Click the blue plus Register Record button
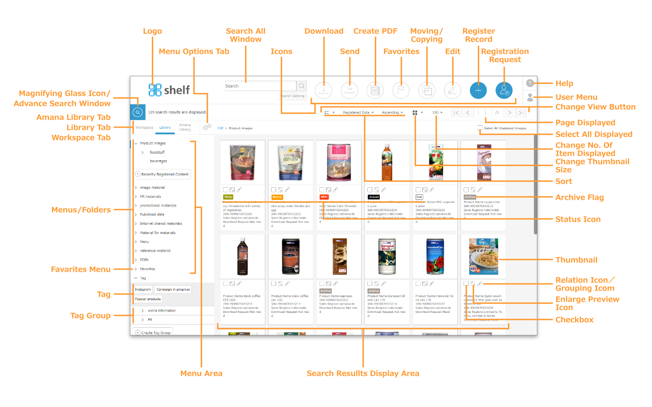pos(478,90)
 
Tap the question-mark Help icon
pos(530,83)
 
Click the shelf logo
pos(169,90)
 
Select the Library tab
pos(165,128)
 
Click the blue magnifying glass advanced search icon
pos(137,112)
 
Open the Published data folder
pos(152,215)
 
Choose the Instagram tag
pos(143,289)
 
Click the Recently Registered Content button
pos(162,174)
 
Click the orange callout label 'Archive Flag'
pos(579,197)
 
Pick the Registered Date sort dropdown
pos(358,112)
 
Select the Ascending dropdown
pos(392,112)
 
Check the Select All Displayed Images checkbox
pos(480,128)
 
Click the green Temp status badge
pos(228,196)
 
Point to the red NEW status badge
pos(324,196)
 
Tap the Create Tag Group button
pos(153,332)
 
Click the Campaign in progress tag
pos(173,289)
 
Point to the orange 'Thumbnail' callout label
pos(576,260)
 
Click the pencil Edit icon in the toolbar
pos(452,90)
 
